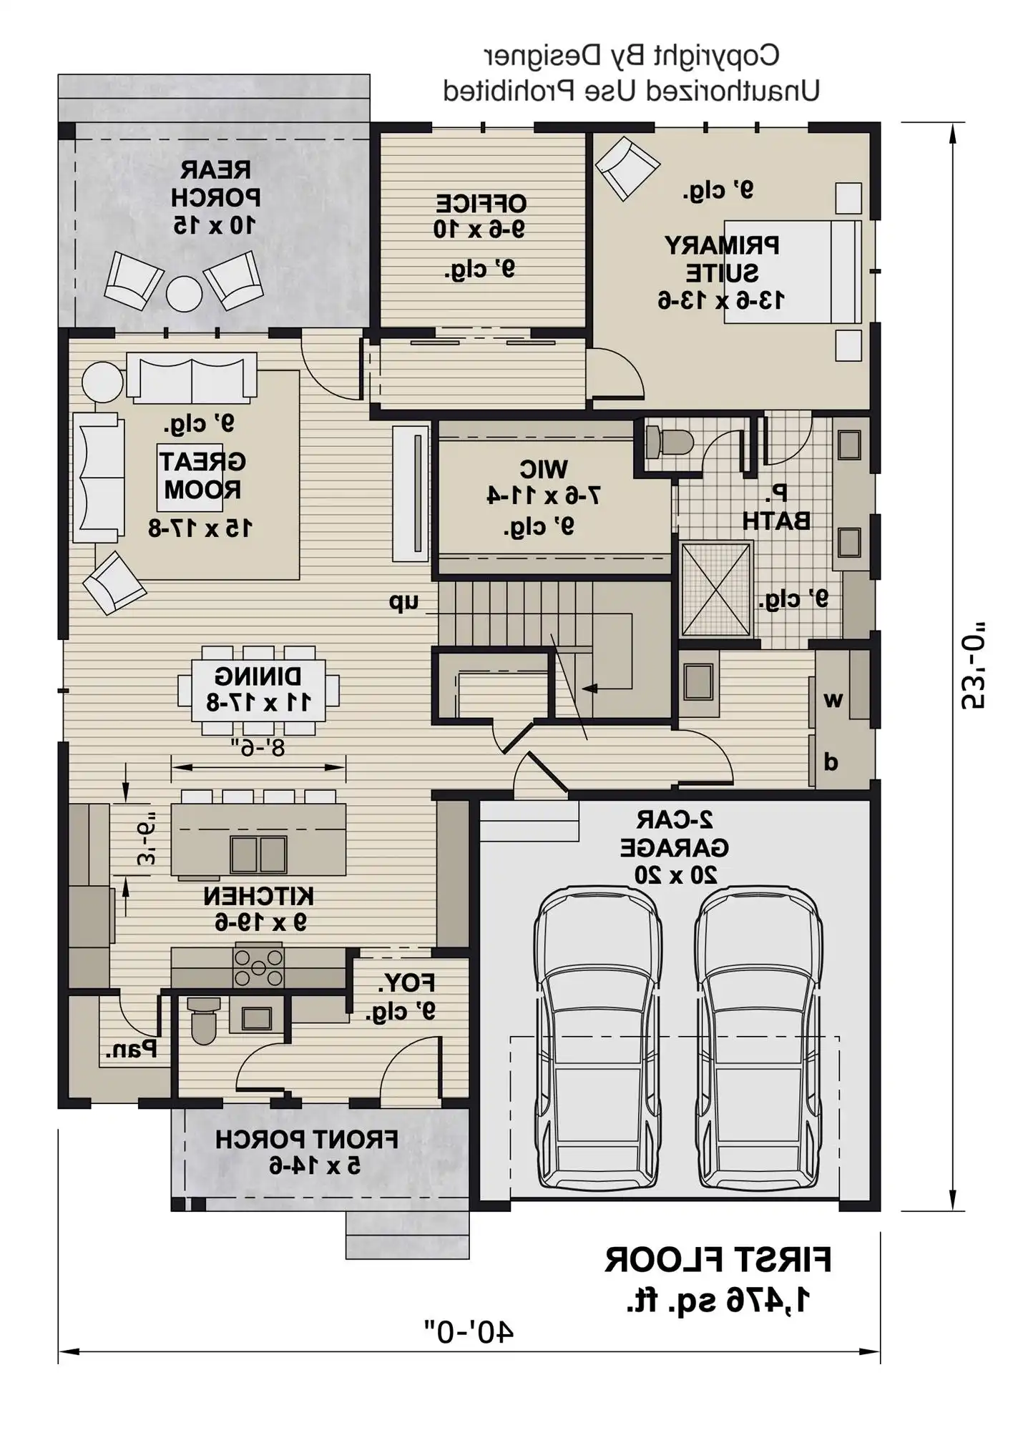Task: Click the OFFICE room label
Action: point(481,203)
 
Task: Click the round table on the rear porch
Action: point(184,293)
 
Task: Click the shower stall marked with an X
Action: point(716,589)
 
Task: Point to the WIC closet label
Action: point(543,469)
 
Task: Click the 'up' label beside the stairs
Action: point(404,602)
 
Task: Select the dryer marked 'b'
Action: point(831,762)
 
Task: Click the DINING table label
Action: point(258,676)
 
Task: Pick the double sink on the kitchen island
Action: point(258,854)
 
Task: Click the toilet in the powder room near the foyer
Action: point(204,1020)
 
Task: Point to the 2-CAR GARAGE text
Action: point(674,834)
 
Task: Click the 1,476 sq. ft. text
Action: point(718,1299)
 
